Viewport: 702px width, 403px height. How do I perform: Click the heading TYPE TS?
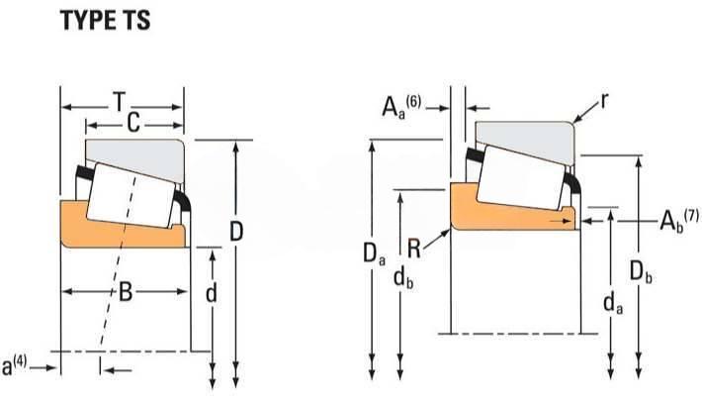(x=106, y=21)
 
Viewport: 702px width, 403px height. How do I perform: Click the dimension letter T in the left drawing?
(x=120, y=102)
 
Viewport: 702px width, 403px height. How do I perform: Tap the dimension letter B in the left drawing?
(x=126, y=292)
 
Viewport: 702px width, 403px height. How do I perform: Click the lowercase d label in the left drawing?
(x=210, y=294)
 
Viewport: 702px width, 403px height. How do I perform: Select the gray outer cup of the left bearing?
(x=133, y=151)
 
